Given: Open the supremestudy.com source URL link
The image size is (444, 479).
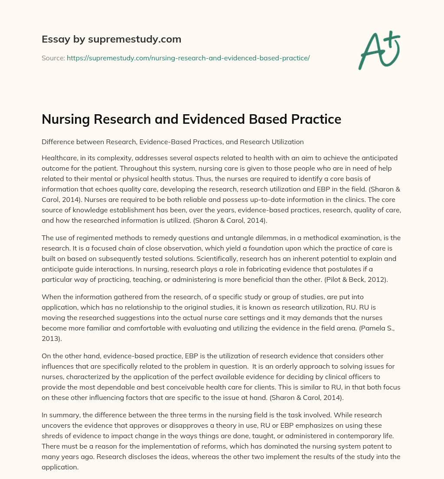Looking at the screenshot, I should click(x=188, y=58).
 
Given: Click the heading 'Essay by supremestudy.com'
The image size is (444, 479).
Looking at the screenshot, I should click(x=111, y=40).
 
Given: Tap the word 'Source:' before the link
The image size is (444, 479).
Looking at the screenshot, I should click(x=53, y=58).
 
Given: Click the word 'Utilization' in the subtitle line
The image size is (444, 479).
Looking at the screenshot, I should click(x=287, y=142).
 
